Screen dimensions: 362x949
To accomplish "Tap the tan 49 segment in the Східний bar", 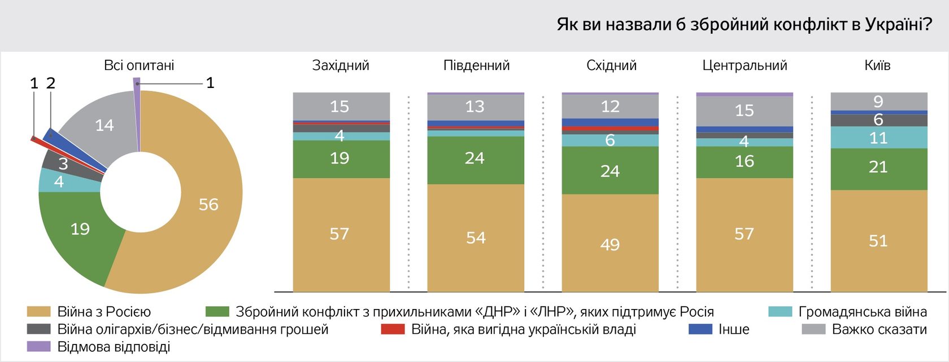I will point(610,244).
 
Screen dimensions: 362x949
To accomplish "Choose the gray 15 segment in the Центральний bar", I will point(745,111).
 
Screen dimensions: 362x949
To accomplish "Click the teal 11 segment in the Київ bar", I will point(879,138).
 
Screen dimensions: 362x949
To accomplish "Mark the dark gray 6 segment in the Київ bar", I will point(879,120).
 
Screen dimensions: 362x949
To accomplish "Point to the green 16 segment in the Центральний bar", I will point(745,162).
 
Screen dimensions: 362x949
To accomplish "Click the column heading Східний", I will point(611,65).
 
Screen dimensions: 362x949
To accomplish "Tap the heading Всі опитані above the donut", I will point(139,65).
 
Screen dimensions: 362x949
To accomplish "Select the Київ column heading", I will point(877,65).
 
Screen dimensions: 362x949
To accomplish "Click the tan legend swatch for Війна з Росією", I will point(38,312).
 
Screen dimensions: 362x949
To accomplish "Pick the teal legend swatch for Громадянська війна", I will point(780,312).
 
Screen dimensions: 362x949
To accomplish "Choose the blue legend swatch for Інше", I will point(700,329).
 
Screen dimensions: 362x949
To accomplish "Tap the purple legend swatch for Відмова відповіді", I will point(38,347).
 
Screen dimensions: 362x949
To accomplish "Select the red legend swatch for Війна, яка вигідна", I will point(393,329).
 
